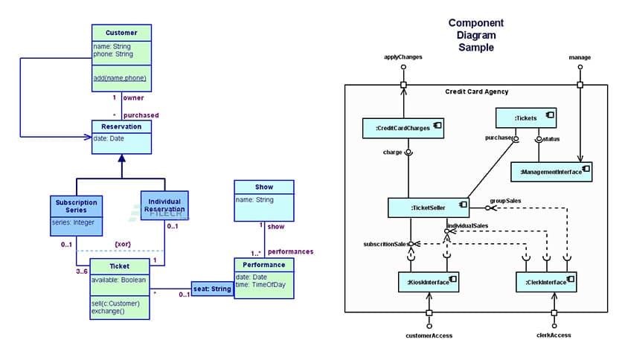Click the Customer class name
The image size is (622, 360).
(x=121, y=33)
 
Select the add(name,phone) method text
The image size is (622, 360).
(x=120, y=77)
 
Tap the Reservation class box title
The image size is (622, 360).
(x=121, y=126)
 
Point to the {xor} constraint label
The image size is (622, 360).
(x=124, y=243)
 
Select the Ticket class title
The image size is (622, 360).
(x=119, y=266)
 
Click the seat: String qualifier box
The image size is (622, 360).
(x=212, y=289)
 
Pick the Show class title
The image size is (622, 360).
(x=263, y=187)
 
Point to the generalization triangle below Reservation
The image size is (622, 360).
(x=121, y=159)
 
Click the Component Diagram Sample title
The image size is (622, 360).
(x=475, y=35)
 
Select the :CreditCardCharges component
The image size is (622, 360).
(x=403, y=128)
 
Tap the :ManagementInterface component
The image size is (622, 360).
(x=551, y=171)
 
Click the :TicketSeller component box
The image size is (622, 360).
(x=428, y=208)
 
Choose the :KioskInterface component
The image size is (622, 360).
(x=428, y=283)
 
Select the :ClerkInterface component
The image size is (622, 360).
(x=545, y=283)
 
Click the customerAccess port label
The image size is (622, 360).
(x=429, y=335)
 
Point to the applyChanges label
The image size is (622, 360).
(x=403, y=57)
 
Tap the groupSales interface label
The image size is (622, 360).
(x=505, y=201)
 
